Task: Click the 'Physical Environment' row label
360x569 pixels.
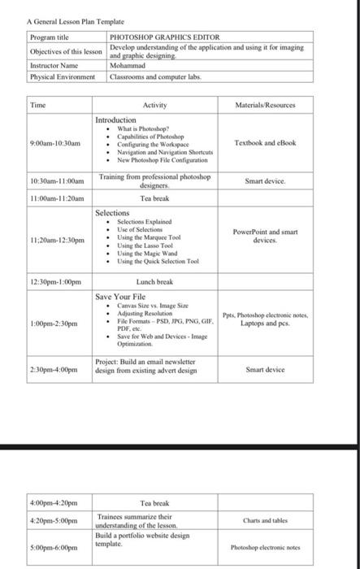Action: click(x=63, y=77)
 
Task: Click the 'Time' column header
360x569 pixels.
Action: click(x=38, y=105)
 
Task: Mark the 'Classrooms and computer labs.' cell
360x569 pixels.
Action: click(x=155, y=77)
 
